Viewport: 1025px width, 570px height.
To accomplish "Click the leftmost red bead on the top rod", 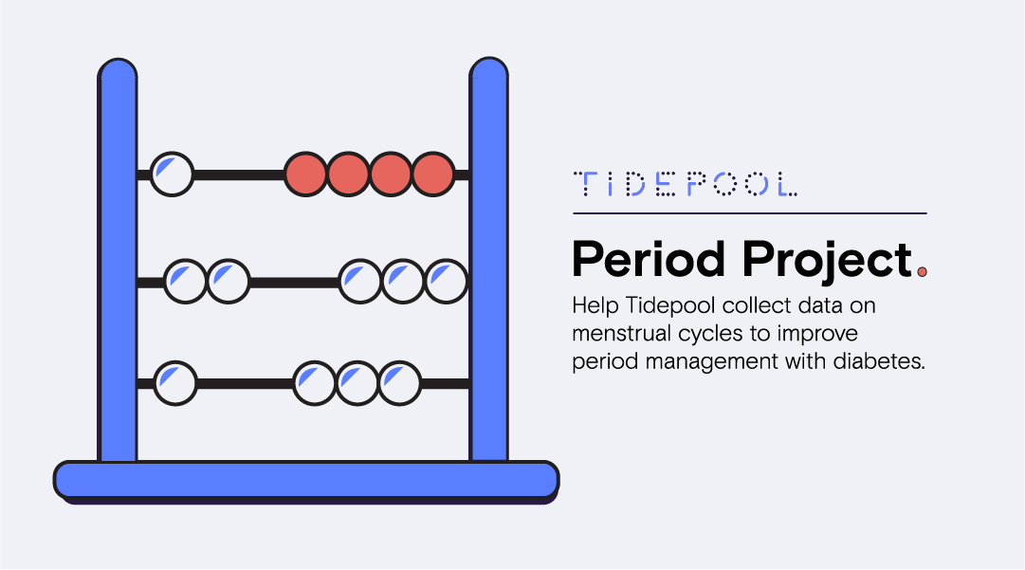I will (305, 175).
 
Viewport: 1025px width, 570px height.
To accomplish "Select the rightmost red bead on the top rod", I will (432, 175).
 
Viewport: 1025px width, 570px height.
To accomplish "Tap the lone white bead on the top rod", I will (172, 175).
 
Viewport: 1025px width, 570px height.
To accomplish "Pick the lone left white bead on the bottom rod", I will (174, 382).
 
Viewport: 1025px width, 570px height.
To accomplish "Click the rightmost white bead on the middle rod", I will (446, 282).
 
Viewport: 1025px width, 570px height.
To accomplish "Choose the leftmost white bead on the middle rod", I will (185, 282).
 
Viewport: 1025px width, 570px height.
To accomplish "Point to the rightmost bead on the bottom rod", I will (400, 382).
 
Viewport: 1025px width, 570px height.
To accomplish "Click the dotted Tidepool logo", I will (686, 184).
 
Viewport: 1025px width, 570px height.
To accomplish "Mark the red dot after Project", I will (922, 273).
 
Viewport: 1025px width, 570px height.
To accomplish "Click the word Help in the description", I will (591, 307).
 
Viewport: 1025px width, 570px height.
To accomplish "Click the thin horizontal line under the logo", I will (749, 213).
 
